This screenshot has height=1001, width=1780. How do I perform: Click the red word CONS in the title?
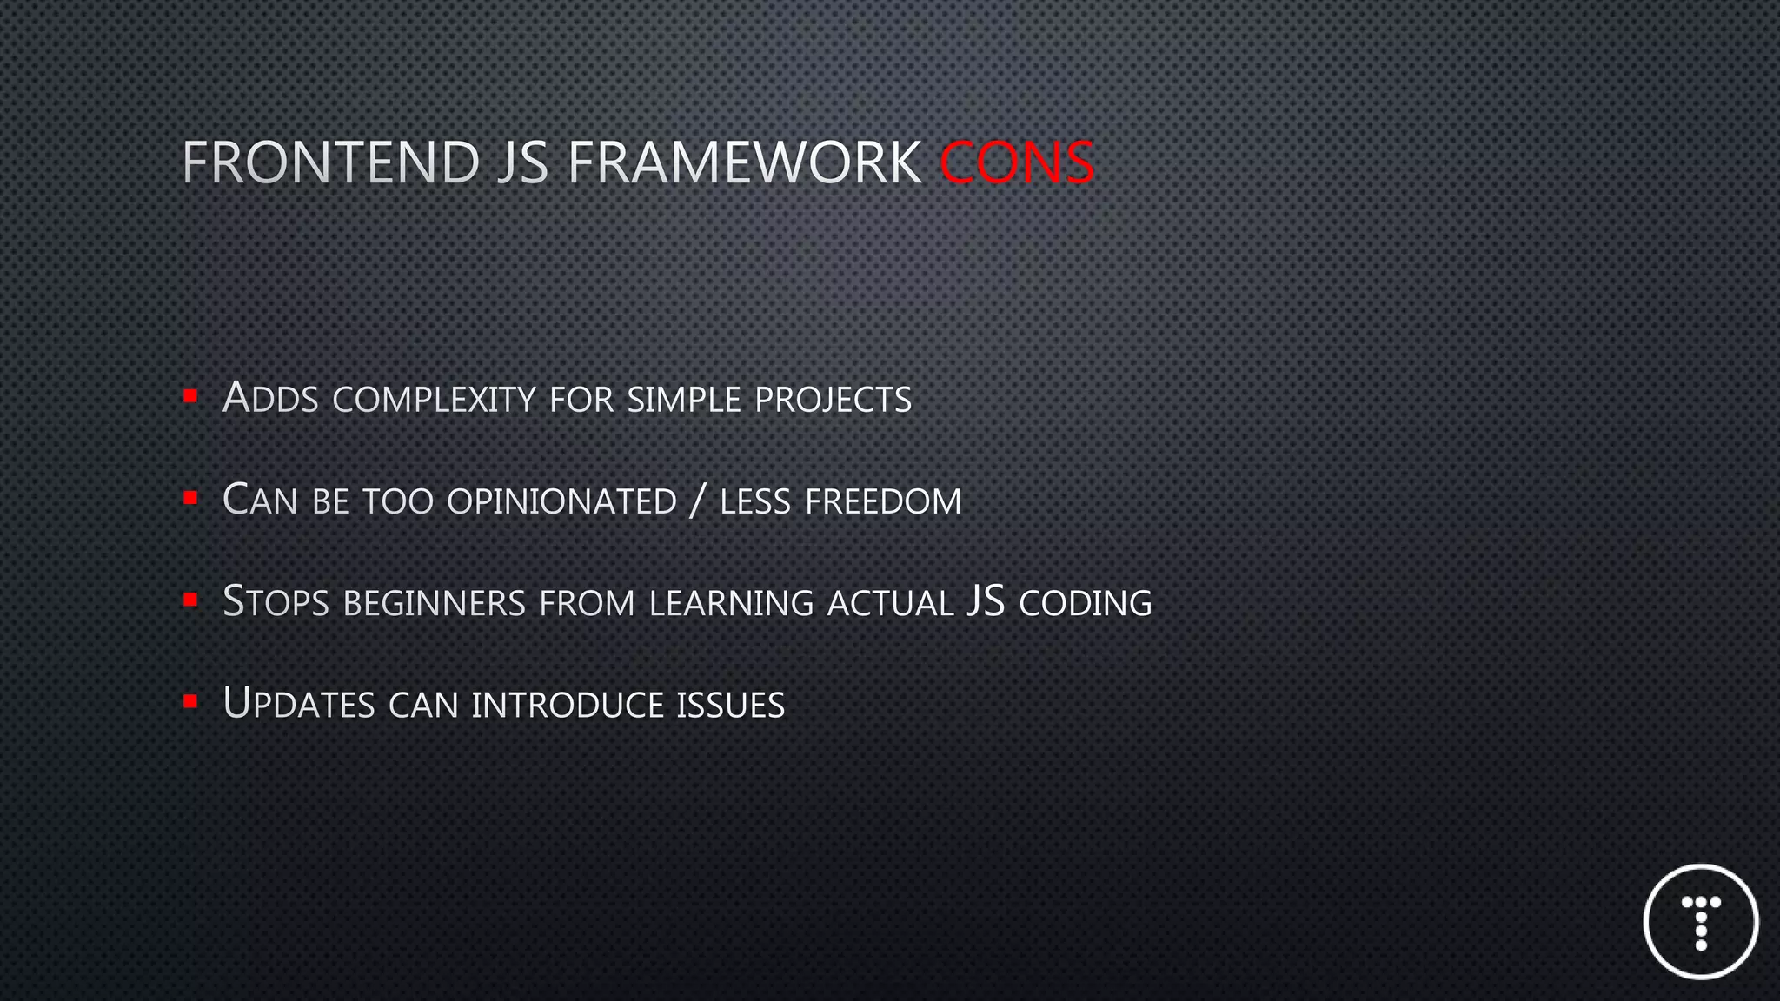1016,162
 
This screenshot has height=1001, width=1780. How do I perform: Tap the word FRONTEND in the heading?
330,162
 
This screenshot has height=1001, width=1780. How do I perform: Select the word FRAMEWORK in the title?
744,162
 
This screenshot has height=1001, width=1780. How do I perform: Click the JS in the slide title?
522,162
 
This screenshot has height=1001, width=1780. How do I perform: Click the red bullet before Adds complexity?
190,397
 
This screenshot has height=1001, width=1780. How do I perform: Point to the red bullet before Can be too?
190,499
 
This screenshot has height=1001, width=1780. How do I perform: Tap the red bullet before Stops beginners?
190,600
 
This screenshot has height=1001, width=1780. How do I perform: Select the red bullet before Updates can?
190,701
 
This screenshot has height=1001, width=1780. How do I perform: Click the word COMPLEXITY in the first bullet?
434,400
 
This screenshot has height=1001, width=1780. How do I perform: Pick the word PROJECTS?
833,400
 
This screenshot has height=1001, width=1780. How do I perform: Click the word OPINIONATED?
561,501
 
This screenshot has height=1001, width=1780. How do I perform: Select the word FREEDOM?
883,501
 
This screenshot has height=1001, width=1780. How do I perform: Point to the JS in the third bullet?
986,601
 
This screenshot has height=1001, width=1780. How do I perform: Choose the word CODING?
1085,603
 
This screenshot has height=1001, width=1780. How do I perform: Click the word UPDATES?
298,704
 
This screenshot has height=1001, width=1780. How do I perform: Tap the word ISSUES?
730,705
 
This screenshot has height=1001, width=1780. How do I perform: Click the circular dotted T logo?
1701,922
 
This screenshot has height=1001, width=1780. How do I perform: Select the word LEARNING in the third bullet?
731,603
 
